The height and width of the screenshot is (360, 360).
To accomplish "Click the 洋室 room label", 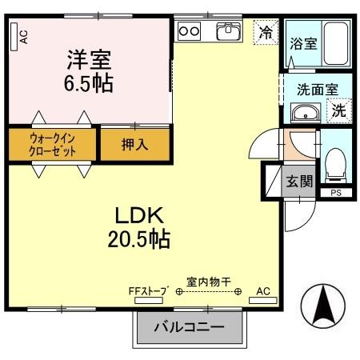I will (89, 58).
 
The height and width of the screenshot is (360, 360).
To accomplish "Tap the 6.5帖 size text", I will (89, 82).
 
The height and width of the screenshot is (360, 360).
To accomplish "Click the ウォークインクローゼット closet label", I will (52, 144).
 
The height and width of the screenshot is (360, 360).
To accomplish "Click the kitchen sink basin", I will (228, 31).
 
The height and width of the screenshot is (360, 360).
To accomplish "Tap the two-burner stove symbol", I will (190, 30).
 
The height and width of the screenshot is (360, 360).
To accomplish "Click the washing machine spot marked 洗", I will (340, 111).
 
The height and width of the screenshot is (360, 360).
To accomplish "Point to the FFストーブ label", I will (147, 291).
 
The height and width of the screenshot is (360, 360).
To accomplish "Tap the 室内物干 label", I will (208, 281).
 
